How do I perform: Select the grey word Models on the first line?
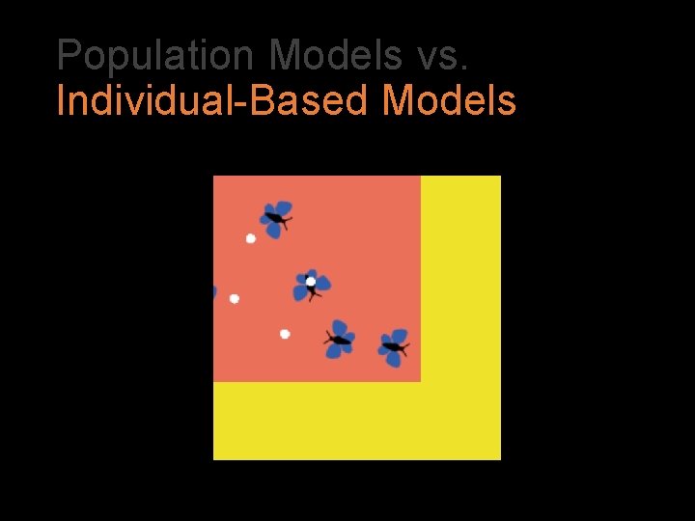336,56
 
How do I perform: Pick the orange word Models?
450,100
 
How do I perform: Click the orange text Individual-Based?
214,100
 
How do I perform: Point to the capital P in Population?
69,56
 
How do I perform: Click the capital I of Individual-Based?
61,100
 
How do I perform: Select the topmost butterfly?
276,218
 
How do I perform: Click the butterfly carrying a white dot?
311,285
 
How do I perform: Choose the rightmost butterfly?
393,346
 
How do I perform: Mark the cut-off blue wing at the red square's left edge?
214,291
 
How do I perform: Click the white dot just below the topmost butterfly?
251,238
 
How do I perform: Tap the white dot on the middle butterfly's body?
311,282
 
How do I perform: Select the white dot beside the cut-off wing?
235,299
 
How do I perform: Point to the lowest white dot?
285,334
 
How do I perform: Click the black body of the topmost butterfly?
275,219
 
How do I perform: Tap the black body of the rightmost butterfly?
392,345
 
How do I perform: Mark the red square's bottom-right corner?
420,381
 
